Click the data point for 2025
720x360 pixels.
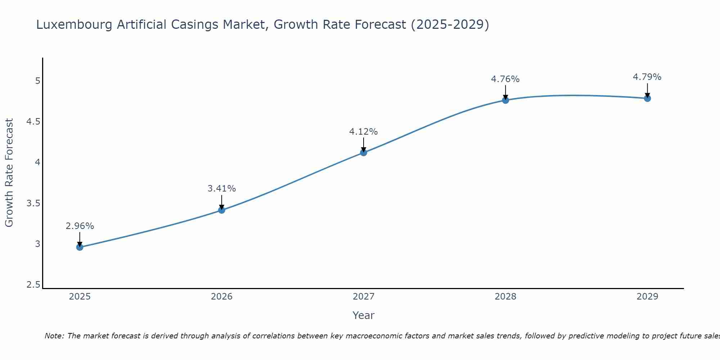[x=80, y=247]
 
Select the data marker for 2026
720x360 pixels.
[x=221, y=210]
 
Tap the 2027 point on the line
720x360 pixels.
[x=363, y=152]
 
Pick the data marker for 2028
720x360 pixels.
[x=505, y=100]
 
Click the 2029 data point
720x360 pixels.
[x=647, y=98]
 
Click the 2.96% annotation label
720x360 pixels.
[x=80, y=226]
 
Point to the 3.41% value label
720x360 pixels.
[x=221, y=188]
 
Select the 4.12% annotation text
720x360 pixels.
[x=363, y=132]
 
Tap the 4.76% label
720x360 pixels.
[x=505, y=79]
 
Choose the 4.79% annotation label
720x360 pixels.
[x=647, y=77]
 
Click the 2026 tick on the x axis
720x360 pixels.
[x=221, y=297]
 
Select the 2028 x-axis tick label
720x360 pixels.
[x=505, y=297]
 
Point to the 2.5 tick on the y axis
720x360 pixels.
[x=33, y=285]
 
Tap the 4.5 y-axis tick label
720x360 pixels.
[x=33, y=122]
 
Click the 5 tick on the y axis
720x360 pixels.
[x=37, y=81]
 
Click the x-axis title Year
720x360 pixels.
[x=363, y=315]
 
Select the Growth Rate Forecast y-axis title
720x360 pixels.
[x=9, y=173]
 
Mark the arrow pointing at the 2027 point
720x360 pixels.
[x=363, y=145]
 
